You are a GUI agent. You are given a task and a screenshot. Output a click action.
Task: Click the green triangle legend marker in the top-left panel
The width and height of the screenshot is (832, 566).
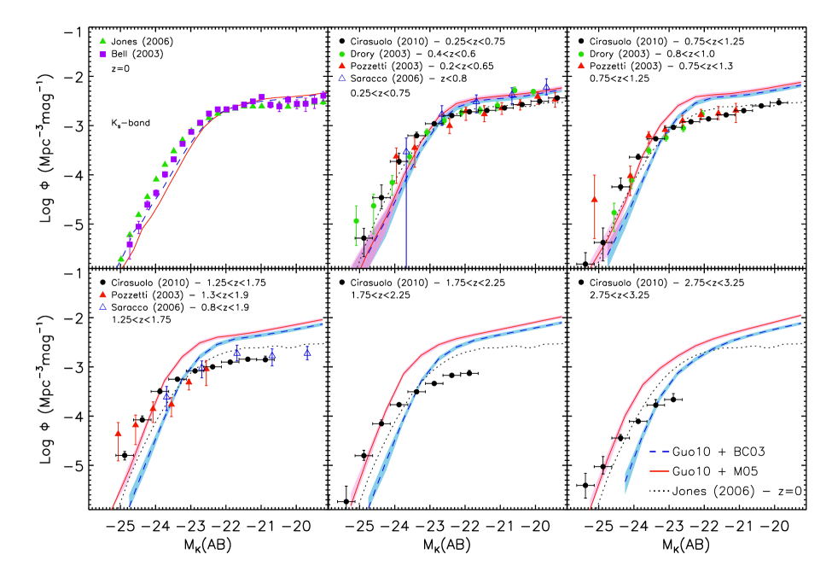[x=102, y=41]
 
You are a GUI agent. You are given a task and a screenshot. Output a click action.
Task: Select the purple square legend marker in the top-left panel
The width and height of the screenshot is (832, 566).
[x=102, y=55]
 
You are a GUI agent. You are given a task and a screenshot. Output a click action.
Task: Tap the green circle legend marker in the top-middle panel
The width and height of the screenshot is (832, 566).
[x=341, y=54]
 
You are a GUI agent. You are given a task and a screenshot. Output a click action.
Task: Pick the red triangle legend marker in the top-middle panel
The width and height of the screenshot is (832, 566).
[x=341, y=66]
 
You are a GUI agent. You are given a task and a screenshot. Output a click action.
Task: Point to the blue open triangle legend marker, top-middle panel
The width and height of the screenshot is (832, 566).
[x=341, y=78]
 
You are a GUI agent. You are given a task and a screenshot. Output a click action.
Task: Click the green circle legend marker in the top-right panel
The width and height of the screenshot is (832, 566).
[x=581, y=54]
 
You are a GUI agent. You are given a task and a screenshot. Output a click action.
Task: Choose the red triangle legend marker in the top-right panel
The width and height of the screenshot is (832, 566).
[x=581, y=66]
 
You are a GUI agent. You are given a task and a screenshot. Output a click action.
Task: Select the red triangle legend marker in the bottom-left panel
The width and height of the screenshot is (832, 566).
[x=102, y=295]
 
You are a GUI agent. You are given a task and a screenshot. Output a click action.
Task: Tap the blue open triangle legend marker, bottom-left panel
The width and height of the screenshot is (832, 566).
[x=102, y=306]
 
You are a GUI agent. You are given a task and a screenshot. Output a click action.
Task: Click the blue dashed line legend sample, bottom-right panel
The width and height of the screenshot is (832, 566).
[x=659, y=451]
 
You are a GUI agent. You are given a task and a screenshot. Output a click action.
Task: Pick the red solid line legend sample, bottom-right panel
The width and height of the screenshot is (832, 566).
[x=659, y=470]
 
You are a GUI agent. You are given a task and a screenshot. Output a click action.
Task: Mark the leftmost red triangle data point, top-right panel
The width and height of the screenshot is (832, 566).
[x=595, y=199]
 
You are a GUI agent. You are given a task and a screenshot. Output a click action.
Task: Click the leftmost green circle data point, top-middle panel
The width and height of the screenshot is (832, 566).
[x=357, y=221]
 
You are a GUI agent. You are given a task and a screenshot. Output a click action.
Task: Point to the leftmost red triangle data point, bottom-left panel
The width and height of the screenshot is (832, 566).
[x=118, y=433]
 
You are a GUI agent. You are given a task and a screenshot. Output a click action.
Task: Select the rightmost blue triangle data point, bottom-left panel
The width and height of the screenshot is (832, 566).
[x=307, y=352]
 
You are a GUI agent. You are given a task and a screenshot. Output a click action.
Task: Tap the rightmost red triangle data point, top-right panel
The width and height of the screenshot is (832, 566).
[x=736, y=110]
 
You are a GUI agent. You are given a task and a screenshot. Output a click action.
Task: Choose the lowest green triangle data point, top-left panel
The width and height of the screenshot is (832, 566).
[x=120, y=258]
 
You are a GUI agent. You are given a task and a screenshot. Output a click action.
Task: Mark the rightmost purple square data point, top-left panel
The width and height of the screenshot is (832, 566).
[x=323, y=95]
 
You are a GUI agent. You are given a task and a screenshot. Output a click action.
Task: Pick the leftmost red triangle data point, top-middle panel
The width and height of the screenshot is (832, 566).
[x=396, y=155]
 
